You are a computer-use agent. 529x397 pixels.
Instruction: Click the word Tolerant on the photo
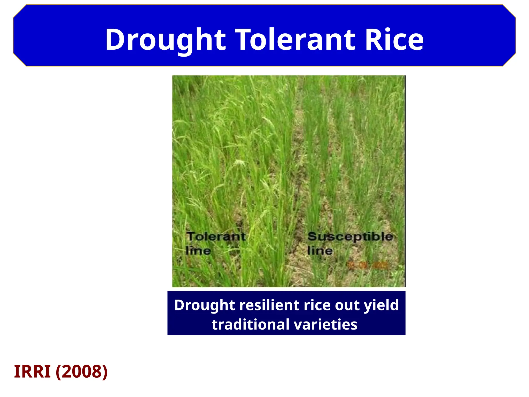coord(216,236)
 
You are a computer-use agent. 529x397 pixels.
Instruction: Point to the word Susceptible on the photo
coord(350,236)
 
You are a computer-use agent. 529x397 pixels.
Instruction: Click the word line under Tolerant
coord(198,251)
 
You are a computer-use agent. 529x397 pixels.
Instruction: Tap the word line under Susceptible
coord(320,251)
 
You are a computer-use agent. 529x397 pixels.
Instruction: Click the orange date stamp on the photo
coord(368,265)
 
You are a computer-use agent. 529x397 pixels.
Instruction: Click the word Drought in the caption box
coord(204,305)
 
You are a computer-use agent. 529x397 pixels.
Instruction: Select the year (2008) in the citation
coord(81,371)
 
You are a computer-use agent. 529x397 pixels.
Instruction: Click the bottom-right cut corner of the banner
coord(509,60)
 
